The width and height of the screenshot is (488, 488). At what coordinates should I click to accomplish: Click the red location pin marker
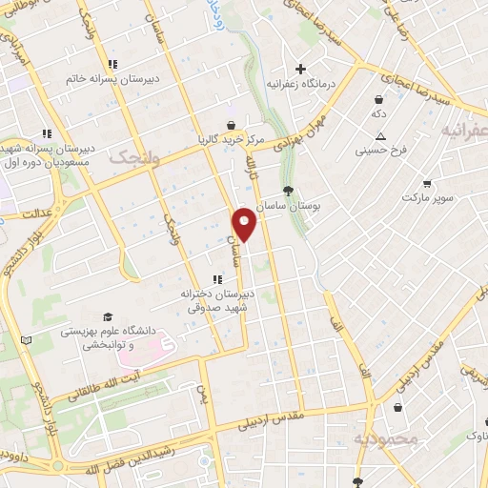245,223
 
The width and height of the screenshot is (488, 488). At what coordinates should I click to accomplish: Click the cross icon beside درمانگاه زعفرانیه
301,69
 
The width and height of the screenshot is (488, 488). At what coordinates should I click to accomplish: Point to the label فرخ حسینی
381,151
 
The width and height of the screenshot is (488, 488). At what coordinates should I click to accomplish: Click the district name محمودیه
385,439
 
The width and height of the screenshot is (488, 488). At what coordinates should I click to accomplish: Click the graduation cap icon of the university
108,315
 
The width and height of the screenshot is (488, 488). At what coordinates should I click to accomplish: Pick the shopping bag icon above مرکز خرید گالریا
231,124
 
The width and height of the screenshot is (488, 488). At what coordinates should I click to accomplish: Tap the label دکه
378,113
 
